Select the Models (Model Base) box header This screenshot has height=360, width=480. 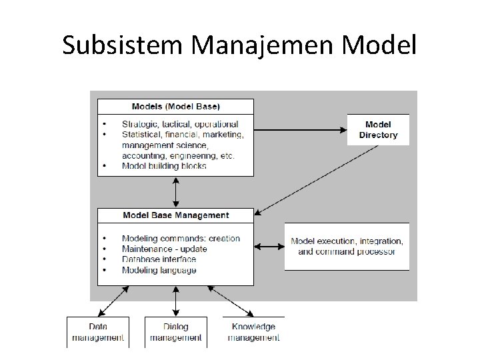[176, 107]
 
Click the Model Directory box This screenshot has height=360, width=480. [378, 129]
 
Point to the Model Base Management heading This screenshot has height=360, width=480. [176, 215]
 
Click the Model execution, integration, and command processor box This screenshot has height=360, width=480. [347, 246]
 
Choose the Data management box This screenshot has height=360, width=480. [97, 332]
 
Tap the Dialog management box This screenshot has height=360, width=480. [176, 332]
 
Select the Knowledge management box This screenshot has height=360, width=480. [253, 332]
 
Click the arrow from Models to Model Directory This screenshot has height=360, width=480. [300, 129]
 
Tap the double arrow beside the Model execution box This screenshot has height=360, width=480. [269, 247]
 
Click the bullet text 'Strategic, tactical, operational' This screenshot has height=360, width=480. [179, 124]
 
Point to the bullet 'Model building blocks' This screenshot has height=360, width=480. [164, 165]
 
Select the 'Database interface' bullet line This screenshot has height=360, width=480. [159, 259]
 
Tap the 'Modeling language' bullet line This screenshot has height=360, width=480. [159, 270]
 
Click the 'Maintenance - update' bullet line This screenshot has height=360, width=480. [164, 249]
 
